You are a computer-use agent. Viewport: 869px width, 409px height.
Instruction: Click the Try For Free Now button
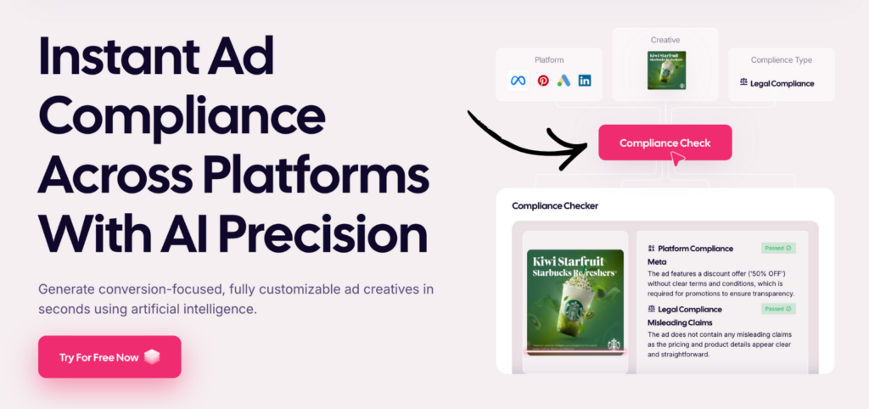click(109, 356)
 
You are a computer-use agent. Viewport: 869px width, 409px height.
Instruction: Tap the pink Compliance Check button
click(664, 143)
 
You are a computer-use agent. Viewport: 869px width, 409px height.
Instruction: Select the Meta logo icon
click(518, 81)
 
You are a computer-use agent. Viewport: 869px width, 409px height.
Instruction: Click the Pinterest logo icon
click(543, 81)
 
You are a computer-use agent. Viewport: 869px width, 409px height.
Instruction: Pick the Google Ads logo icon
click(564, 81)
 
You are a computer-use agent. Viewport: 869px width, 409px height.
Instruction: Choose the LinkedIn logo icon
click(585, 81)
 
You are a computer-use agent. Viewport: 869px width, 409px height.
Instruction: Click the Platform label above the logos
click(549, 60)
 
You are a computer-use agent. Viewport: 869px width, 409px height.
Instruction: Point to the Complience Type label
click(781, 60)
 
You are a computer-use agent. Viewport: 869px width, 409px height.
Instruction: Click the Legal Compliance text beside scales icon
click(782, 83)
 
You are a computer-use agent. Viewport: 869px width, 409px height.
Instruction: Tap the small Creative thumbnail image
click(666, 70)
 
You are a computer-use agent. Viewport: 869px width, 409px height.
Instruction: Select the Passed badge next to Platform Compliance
click(777, 248)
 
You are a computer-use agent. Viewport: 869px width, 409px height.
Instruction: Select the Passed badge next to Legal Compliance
click(777, 309)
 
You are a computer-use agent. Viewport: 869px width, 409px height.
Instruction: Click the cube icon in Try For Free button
click(153, 357)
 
